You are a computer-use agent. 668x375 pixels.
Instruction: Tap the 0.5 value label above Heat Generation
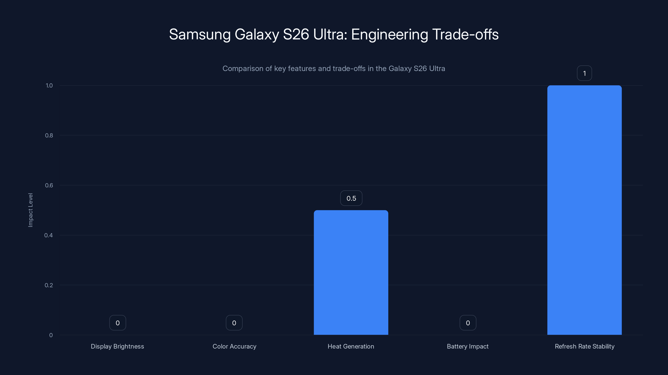point(351,198)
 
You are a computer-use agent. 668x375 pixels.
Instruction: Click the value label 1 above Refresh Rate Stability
point(584,73)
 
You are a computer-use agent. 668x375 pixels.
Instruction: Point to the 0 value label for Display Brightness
point(118,323)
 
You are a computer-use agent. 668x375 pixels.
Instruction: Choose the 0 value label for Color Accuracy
point(234,323)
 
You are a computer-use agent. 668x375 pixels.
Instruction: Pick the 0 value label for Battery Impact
point(468,323)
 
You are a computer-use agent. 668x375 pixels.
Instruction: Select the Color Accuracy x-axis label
point(234,346)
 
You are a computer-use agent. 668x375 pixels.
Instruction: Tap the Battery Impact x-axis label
point(468,346)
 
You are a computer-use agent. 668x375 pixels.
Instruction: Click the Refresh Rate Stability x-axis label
point(584,346)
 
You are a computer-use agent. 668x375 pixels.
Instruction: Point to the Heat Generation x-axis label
point(351,346)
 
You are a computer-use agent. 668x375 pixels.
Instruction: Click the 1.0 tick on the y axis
point(49,85)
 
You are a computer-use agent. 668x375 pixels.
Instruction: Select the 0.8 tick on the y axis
point(49,135)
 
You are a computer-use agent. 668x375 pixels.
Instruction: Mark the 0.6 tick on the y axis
point(49,185)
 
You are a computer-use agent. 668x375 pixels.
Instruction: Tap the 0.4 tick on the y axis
point(48,235)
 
